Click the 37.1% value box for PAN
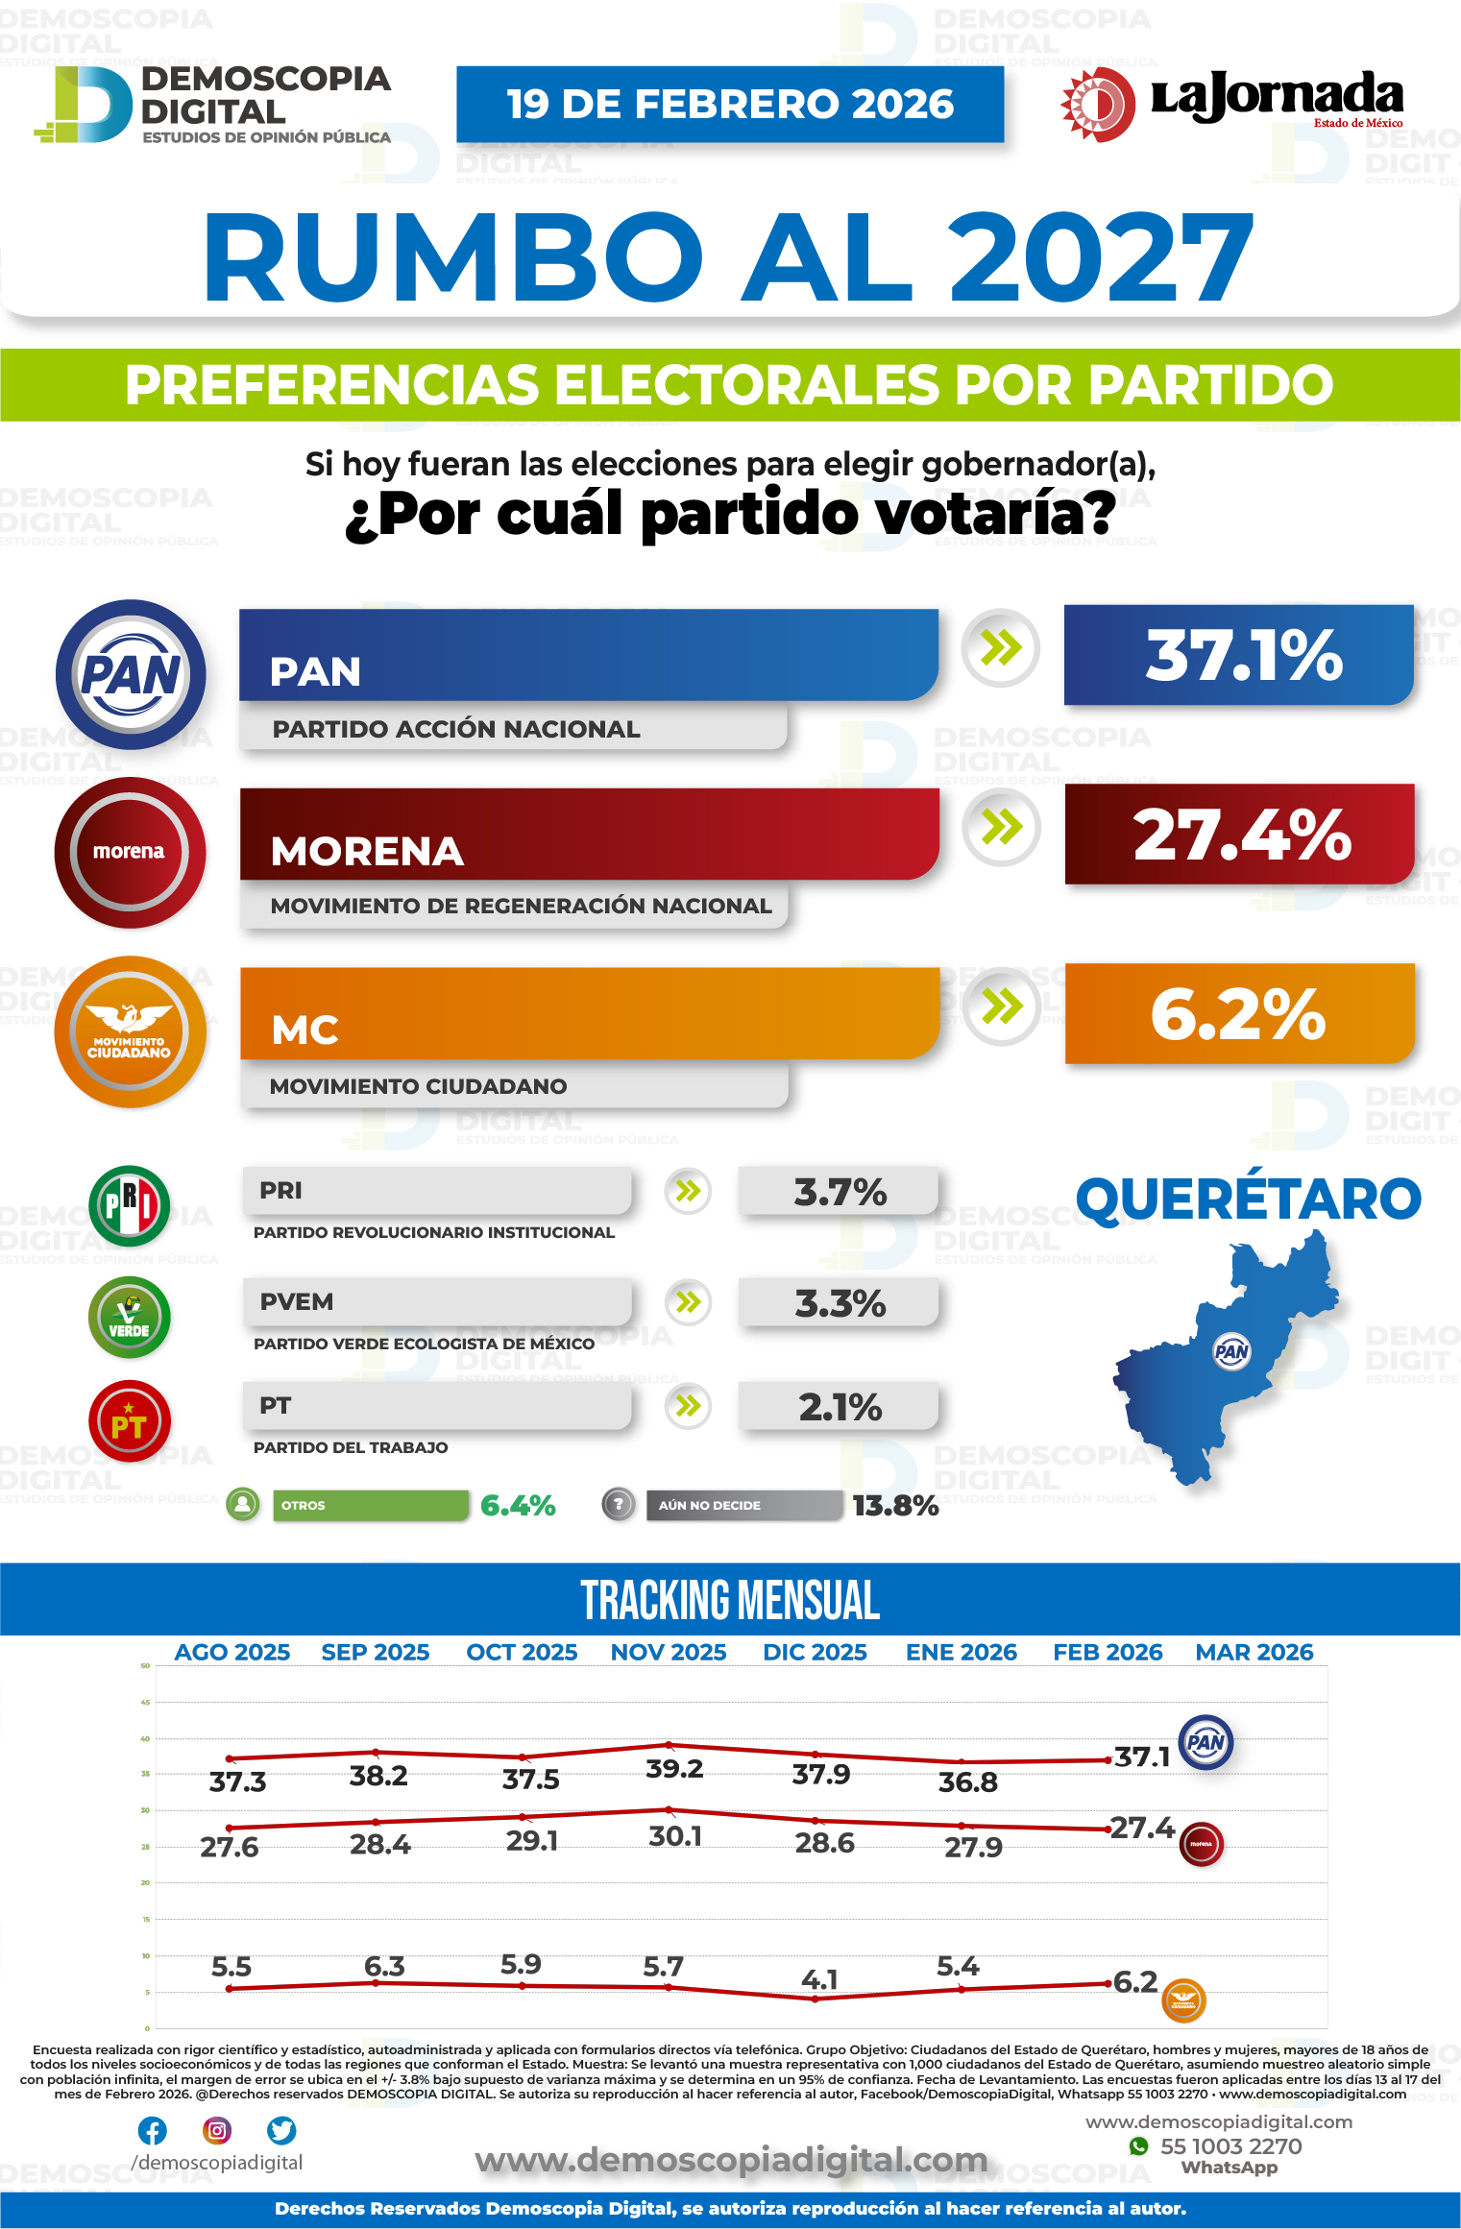tap(1238, 656)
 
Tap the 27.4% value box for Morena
tap(1239, 835)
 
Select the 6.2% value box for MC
tap(1239, 1014)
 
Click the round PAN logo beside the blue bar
tap(131, 674)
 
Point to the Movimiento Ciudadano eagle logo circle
tap(131, 1031)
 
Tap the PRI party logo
tap(130, 1205)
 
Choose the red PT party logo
tap(130, 1421)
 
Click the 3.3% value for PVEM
tap(840, 1303)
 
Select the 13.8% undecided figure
tap(895, 1505)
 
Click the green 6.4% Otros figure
tap(518, 1505)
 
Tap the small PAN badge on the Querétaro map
tap(1231, 1352)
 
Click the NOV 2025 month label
tap(669, 1652)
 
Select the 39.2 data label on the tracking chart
tap(674, 1768)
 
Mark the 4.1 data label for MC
tap(819, 1978)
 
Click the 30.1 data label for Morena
tap(675, 1836)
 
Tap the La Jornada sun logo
tap(1098, 104)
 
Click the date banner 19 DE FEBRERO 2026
tap(730, 104)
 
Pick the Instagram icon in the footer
tap(217, 2130)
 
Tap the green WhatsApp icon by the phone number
tap(1139, 2145)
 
